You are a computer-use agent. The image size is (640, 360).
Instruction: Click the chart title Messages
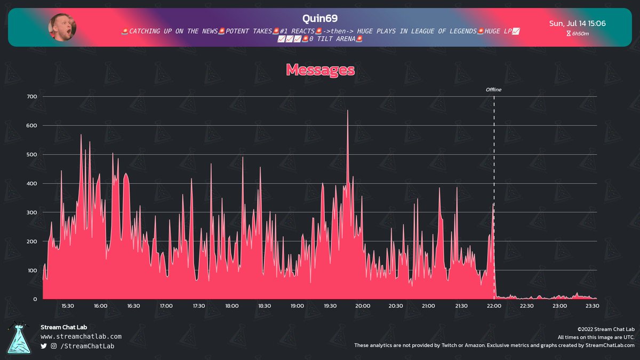coord(320,70)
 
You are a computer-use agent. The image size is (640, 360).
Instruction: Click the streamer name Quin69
coord(321,19)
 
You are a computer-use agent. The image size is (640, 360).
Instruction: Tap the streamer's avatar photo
coord(62,27)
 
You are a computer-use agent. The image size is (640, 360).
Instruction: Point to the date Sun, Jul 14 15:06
coord(577,23)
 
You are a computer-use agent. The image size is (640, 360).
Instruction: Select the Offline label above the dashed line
coord(493,90)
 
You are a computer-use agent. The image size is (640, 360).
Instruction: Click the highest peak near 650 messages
coord(348,111)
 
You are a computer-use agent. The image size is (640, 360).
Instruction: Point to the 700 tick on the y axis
coord(31,97)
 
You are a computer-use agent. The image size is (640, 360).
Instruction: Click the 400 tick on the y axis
coord(31,183)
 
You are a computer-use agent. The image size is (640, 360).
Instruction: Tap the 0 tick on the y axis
coord(35,299)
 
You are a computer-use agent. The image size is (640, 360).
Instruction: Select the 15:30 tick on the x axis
coord(68,306)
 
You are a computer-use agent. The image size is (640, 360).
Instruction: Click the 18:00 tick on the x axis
coord(231,306)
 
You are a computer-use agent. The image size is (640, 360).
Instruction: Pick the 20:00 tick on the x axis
coord(363,306)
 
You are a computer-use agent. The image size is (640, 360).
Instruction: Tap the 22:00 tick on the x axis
coord(494,306)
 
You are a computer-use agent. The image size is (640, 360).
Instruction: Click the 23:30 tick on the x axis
coord(592,306)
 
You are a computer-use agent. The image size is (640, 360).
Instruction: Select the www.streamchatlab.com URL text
coord(81,337)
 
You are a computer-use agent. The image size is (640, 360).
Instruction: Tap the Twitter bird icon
coord(44,346)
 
